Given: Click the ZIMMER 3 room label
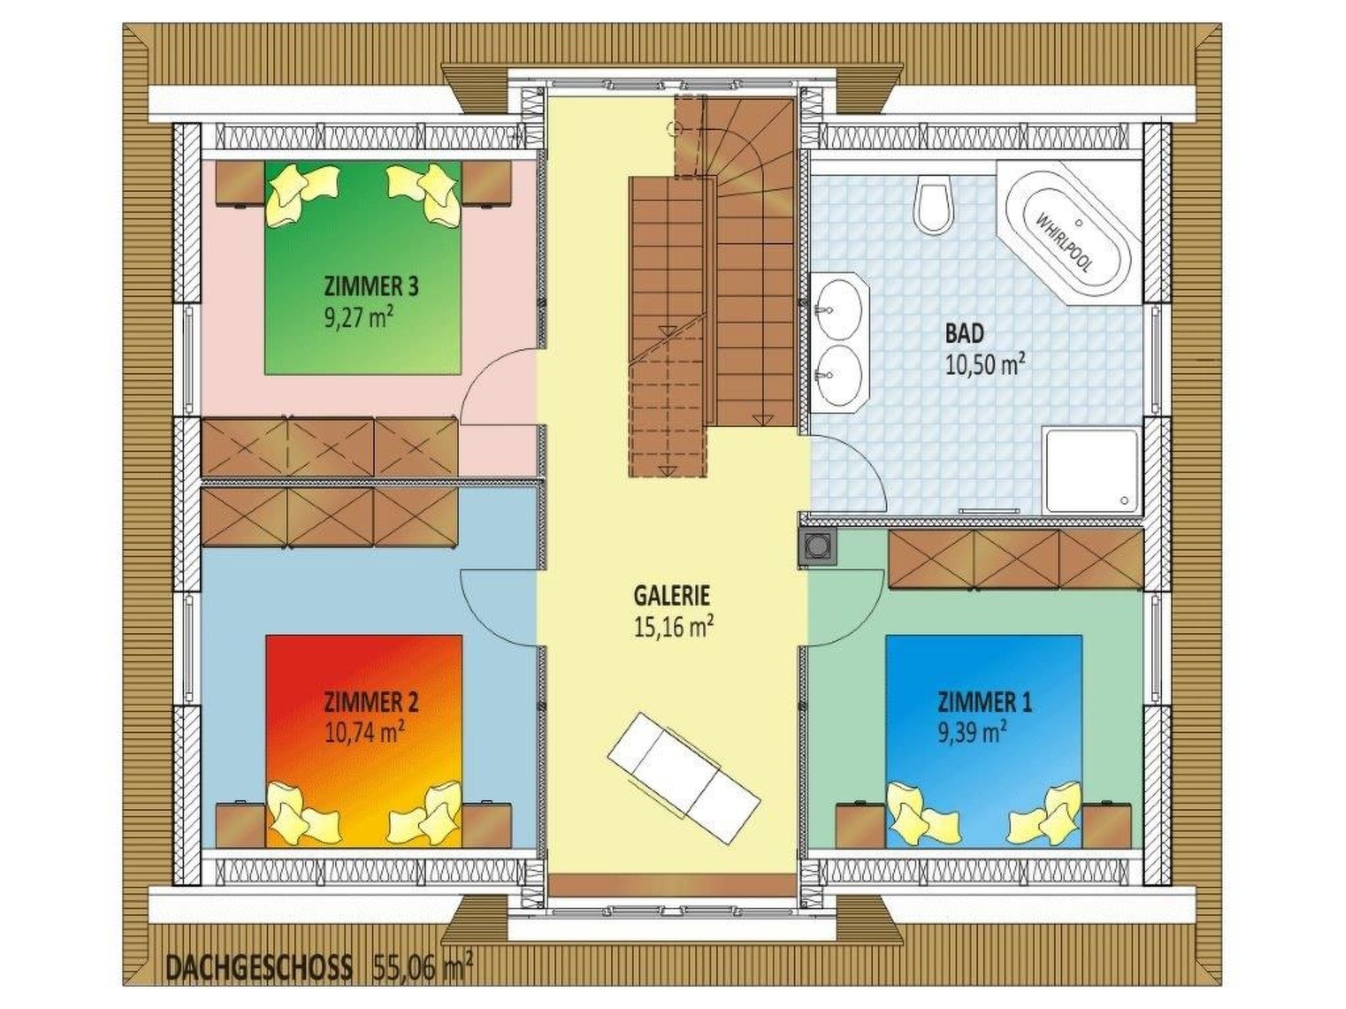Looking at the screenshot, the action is pyautogui.click(x=371, y=287).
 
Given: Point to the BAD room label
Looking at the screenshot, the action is pyautogui.click(x=964, y=334).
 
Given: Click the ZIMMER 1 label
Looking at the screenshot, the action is pyautogui.click(x=984, y=703).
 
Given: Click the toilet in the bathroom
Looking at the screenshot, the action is pyautogui.click(x=936, y=205).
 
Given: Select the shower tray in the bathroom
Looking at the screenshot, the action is pyautogui.click(x=1091, y=469).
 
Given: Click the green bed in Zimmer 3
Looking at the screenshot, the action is pyautogui.click(x=363, y=268).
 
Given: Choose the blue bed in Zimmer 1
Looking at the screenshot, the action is pyautogui.click(x=983, y=741).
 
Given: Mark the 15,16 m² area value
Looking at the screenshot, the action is pyautogui.click(x=674, y=627).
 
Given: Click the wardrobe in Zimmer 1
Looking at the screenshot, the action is pyautogui.click(x=1015, y=559).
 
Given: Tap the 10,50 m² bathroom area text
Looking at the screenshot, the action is pyautogui.click(x=985, y=363).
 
